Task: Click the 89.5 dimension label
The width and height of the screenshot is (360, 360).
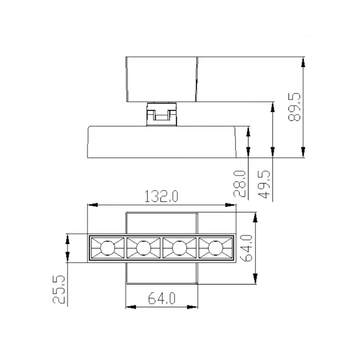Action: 294,107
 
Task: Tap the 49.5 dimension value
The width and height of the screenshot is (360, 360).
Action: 264,184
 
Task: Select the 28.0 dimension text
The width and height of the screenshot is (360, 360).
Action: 239,184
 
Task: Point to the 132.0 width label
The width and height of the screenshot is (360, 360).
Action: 161,196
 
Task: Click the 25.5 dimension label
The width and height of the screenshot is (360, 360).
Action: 59,290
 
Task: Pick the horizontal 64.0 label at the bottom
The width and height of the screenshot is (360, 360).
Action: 162,298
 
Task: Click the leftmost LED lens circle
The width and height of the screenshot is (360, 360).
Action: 108,248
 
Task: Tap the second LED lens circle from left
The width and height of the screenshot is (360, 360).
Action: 143,248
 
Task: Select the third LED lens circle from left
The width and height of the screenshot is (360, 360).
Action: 179,248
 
